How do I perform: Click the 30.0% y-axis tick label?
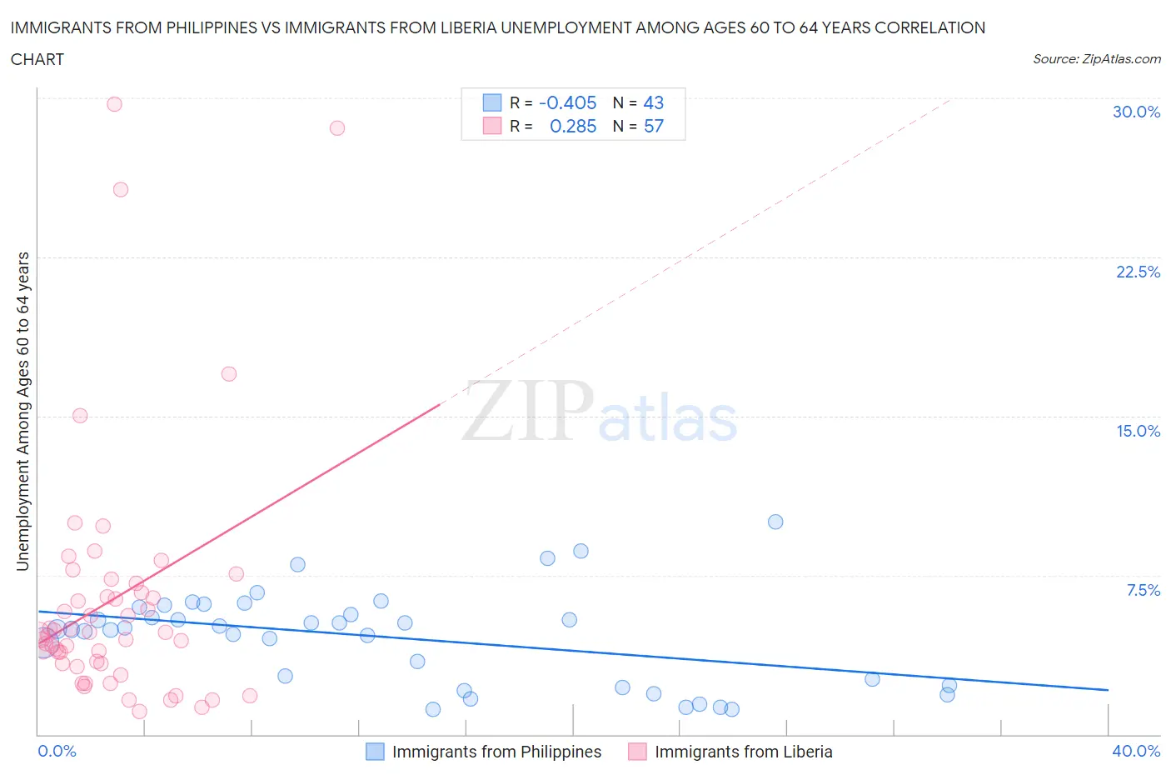(1136, 112)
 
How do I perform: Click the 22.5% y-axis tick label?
(1138, 272)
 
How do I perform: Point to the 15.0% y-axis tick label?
(1138, 431)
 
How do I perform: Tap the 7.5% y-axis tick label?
(1143, 590)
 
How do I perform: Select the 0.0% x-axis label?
(57, 751)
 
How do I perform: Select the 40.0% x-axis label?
(1136, 751)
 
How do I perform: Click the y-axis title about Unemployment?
(22, 412)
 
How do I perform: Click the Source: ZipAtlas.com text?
(1096, 58)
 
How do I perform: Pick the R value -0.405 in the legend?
(568, 102)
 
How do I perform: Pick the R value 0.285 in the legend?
(573, 126)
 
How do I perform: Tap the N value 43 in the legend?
(654, 102)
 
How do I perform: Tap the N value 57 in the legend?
(654, 126)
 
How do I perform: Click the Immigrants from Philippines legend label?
(496, 752)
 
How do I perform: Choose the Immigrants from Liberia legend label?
(743, 752)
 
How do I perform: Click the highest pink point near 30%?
(114, 104)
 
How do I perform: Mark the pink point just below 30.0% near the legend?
(337, 128)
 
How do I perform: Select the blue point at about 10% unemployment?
(775, 522)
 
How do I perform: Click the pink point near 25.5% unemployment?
(121, 189)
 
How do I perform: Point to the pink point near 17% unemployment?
(229, 373)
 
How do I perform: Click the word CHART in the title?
(37, 59)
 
